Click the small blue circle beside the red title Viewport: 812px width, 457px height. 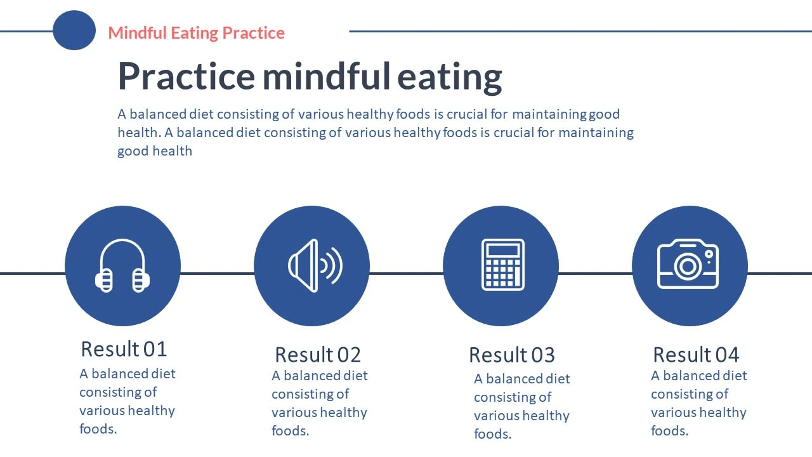[x=74, y=30]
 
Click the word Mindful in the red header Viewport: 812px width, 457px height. [x=137, y=32]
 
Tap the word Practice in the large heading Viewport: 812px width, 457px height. [x=187, y=76]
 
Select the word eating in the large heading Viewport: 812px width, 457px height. [x=450, y=78]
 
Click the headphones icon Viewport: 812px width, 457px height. [x=122, y=265]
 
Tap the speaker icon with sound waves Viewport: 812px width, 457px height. [x=315, y=265]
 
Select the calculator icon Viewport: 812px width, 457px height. [x=503, y=265]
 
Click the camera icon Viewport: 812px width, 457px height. [x=688, y=263]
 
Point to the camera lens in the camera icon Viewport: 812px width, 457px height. [x=688, y=267]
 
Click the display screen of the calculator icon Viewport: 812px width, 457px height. [x=503, y=250]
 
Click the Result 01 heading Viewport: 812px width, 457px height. [x=124, y=349]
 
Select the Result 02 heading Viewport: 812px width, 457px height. [x=318, y=354]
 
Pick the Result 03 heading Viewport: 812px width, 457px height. [x=512, y=354]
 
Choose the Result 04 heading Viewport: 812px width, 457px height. [x=696, y=354]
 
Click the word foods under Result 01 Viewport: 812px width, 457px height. [x=97, y=428]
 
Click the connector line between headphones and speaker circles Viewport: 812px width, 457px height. [x=217, y=274]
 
